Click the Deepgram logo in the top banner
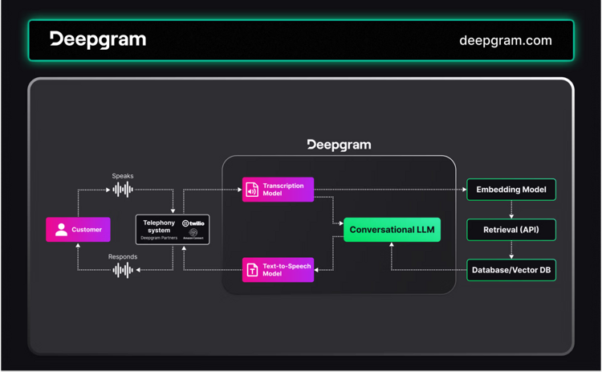98,39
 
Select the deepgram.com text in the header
505,40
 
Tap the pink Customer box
78,230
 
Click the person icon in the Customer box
61,230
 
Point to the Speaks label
123,175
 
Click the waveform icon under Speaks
123,190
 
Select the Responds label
123,257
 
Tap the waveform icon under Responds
123,271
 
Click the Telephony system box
173,230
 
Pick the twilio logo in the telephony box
193,223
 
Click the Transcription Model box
278,190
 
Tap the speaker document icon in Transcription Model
252,190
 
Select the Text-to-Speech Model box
278,270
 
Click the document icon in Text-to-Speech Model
252,270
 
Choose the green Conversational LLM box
392,230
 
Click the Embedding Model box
511,190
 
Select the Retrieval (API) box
511,230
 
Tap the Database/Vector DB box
511,270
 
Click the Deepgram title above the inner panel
339,145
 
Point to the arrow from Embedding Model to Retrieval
511,210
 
